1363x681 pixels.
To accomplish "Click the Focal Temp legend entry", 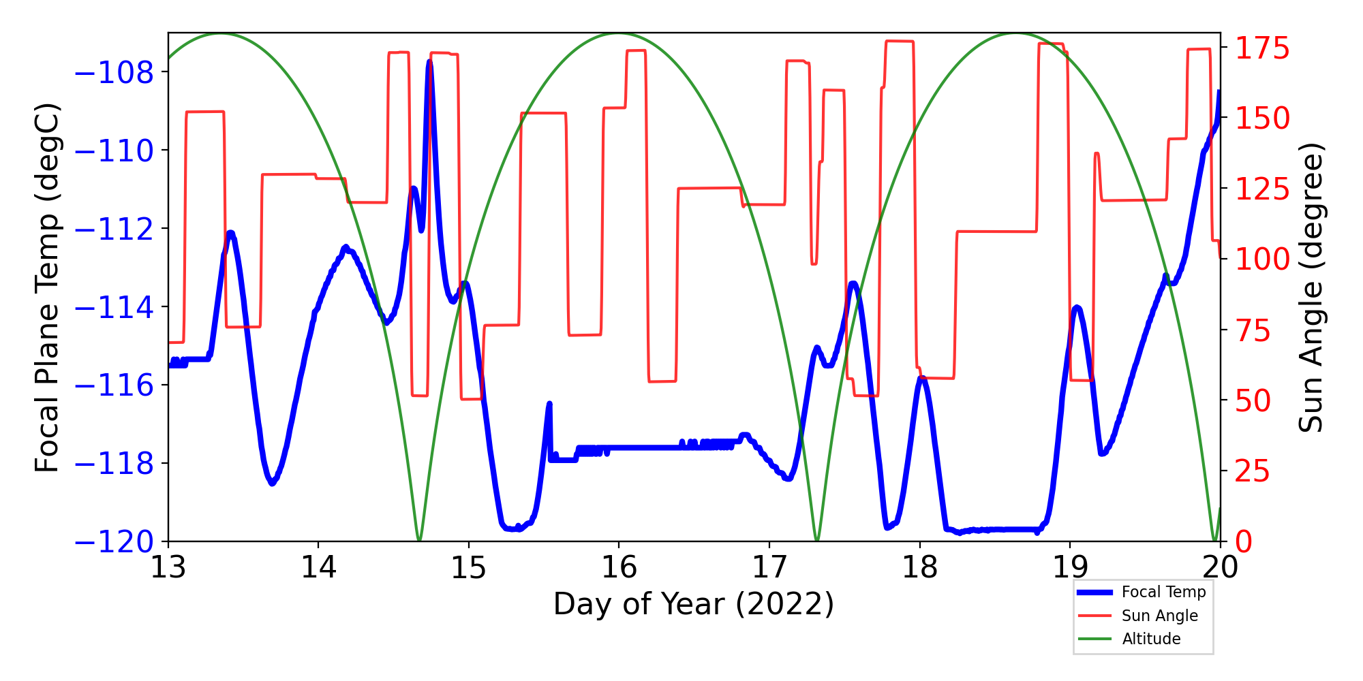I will point(1163,592).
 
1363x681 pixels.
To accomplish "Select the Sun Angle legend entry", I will point(1159,616).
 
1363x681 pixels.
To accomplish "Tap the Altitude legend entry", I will point(1151,639).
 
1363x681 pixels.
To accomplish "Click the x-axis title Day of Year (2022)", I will point(693,604).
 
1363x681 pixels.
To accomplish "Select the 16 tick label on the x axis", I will point(619,567).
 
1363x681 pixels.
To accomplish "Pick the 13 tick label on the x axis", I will point(168,567).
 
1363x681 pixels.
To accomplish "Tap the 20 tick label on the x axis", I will point(1220,567).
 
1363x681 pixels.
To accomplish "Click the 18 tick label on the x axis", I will point(919,567).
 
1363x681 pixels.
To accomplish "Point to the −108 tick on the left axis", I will point(114,72).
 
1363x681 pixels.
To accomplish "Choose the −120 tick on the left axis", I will point(114,542).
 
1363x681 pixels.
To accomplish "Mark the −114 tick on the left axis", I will point(114,307).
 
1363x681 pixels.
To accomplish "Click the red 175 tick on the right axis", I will point(1262,49).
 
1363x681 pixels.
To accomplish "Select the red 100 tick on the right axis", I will point(1262,259).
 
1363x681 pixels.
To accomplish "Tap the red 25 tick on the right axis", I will point(1253,471).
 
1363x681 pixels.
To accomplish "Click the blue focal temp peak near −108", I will point(429,62).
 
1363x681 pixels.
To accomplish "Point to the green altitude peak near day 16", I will point(619,33).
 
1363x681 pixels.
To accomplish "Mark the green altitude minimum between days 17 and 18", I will point(817,540).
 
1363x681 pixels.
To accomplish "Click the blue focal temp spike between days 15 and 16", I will point(549,405).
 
